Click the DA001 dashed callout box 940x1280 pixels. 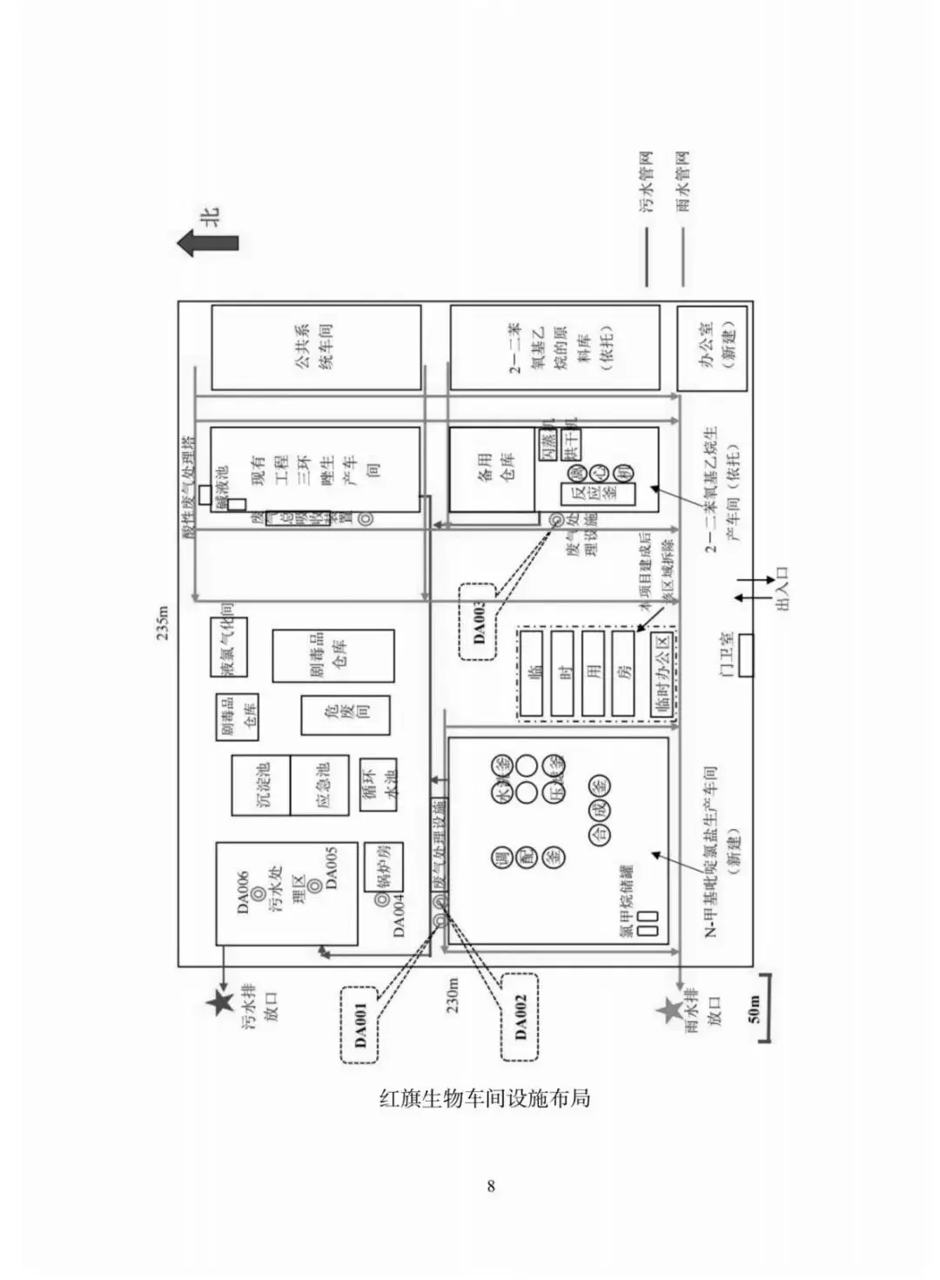(359, 1023)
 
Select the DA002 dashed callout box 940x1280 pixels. (520, 1016)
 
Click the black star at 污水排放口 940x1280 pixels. (217, 1004)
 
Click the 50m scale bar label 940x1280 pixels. (754, 1008)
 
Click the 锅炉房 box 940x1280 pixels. (381, 867)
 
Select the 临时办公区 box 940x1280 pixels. (661, 675)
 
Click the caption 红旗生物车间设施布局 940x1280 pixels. (485, 1097)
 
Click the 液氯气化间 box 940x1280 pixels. (229, 647)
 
